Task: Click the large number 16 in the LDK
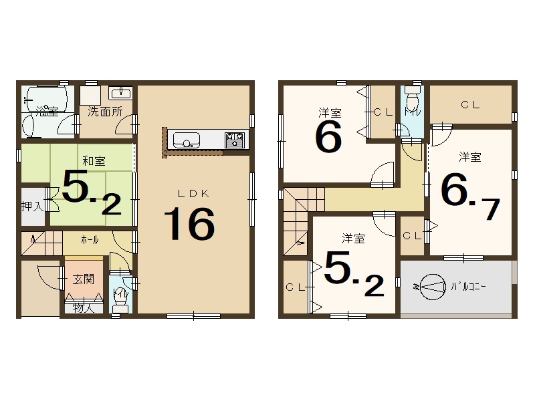[x=191, y=224]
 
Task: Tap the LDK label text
[x=193, y=193]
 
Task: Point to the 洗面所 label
[x=105, y=112]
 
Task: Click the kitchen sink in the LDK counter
[x=186, y=140]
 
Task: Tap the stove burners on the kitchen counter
[x=234, y=140]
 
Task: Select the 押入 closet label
[x=31, y=205]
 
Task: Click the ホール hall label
[x=90, y=239]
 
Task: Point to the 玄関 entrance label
[x=84, y=279]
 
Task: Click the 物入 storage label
[x=84, y=308]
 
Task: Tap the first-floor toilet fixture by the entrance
[x=120, y=297]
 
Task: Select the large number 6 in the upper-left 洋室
[x=328, y=137]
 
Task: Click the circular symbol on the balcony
[x=431, y=287]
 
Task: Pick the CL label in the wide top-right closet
[x=469, y=104]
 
